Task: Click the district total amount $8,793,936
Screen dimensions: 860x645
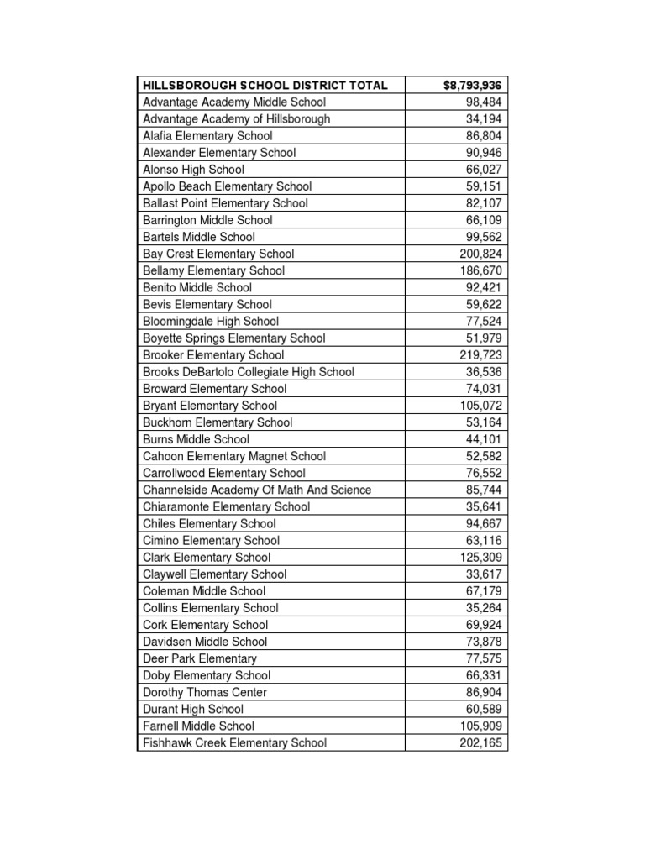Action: click(x=473, y=85)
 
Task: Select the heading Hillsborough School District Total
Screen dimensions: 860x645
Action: click(x=265, y=85)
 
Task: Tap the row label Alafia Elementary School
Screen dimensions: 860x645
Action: click(x=207, y=135)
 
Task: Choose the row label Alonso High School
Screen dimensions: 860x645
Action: click(x=194, y=170)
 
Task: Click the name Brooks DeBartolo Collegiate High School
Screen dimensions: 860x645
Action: click(x=249, y=372)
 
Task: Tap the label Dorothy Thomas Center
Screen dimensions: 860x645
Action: click(x=205, y=692)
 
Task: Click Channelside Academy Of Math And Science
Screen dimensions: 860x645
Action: click(x=257, y=490)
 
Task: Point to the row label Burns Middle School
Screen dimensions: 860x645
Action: click(x=196, y=439)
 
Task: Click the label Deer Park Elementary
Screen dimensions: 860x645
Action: click(x=200, y=658)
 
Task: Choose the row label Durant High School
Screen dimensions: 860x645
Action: click(x=193, y=709)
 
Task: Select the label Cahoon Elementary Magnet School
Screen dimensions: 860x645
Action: click(x=234, y=456)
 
